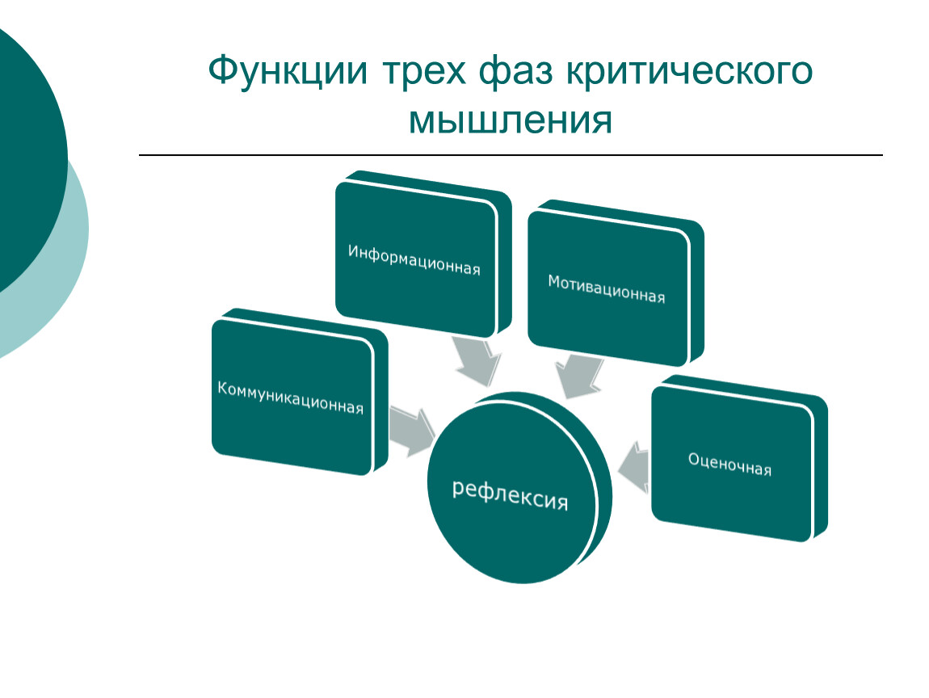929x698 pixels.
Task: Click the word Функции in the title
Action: (288, 71)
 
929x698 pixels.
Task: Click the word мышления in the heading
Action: (510, 121)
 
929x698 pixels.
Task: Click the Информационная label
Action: (414, 259)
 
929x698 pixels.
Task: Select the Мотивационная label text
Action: (606, 289)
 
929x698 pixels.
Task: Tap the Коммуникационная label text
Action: (290, 397)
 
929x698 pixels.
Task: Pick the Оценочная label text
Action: (730, 465)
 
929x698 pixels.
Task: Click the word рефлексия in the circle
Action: (510, 496)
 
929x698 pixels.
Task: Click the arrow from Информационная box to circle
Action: (477, 361)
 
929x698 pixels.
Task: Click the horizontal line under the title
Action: (511, 155)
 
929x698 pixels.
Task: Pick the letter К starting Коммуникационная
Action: (223, 388)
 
